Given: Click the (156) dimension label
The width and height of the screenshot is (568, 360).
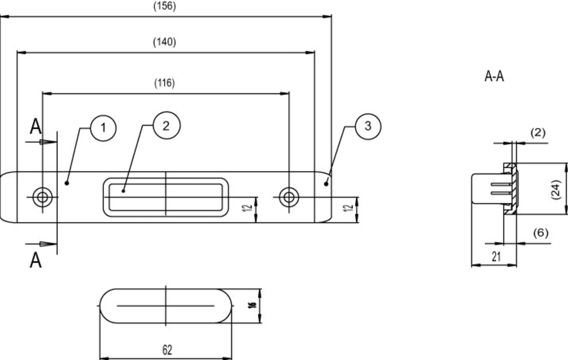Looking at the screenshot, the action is click(x=165, y=6).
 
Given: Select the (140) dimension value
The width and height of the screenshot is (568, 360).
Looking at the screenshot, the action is click(x=165, y=42).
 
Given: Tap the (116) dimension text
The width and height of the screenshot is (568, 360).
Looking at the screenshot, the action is click(x=165, y=83).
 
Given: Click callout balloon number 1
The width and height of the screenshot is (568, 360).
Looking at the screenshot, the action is click(x=103, y=128).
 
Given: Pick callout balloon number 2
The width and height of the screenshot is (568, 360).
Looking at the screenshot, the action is click(x=166, y=126).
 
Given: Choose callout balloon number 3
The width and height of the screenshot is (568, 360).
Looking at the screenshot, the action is click(x=368, y=126).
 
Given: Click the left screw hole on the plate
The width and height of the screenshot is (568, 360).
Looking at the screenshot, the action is click(x=42, y=197).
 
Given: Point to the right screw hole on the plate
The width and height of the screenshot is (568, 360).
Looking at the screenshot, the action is click(x=289, y=197).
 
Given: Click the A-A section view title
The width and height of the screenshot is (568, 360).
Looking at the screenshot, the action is click(x=494, y=76).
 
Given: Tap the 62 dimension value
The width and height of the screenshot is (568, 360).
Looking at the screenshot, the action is click(x=167, y=350).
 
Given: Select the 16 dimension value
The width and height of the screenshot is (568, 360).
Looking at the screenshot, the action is click(x=252, y=305).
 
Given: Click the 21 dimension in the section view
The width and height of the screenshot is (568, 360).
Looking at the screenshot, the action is click(x=496, y=257).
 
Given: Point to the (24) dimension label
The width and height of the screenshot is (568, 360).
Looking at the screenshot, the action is click(x=555, y=190).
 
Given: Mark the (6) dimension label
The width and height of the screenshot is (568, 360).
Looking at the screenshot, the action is click(x=541, y=233).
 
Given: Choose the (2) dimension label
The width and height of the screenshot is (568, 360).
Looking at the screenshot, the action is click(x=538, y=133).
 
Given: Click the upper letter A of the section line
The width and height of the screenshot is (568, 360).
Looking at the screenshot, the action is click(x=36, y=126).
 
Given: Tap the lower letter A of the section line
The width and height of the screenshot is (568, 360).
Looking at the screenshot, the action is click(x=36, y=261).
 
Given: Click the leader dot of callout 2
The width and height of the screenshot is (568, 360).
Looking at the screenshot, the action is click(x=123, y=191).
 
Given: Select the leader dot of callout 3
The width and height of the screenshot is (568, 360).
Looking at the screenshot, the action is click(x=326, y=184).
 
